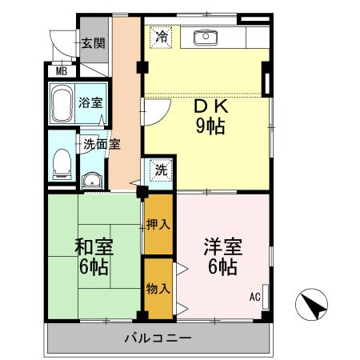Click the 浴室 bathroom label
(90, 102)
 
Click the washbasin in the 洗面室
(92, 179)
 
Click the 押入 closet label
(158, 226)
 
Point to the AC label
(255, 297)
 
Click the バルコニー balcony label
(158, 338)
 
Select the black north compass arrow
(314, 305)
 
